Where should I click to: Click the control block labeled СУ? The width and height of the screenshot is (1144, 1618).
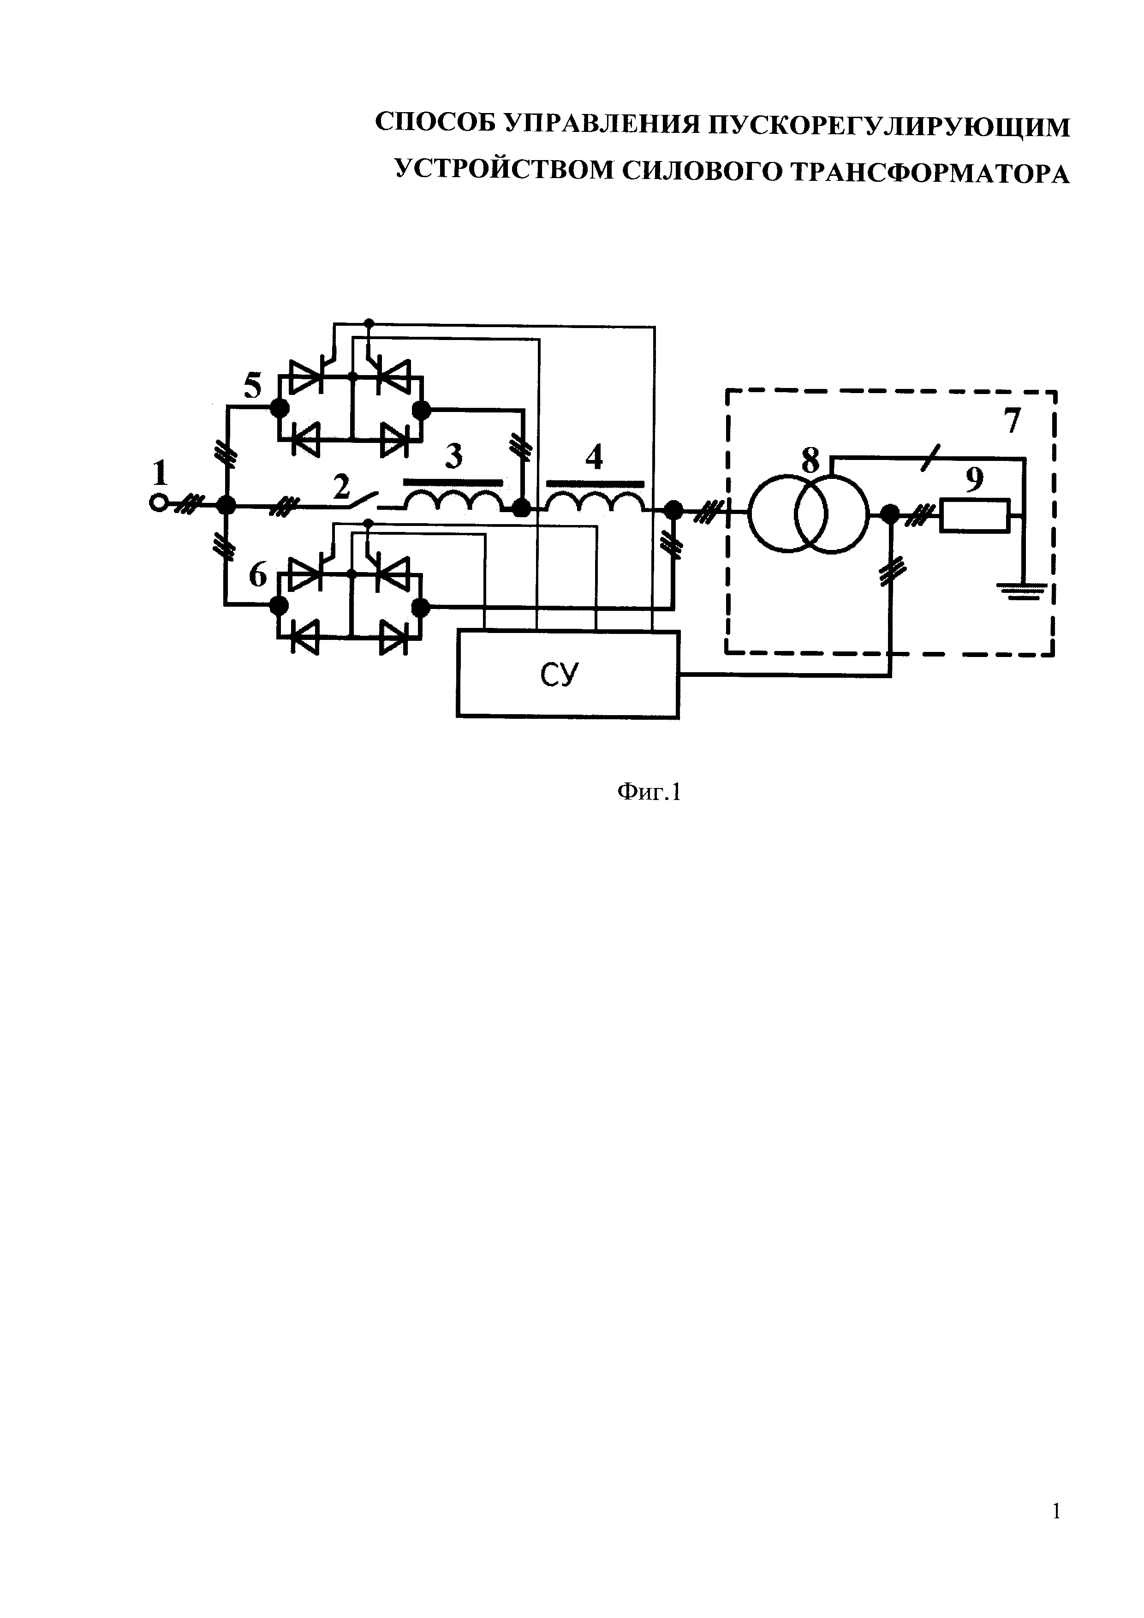click(x=568, y=675)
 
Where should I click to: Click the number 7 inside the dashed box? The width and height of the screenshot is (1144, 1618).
click(x=1012, y=421)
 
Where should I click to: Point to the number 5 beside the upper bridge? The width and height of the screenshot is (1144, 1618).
click(x=252, y=386)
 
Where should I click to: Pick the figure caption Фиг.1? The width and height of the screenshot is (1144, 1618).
click(x=649, y=793)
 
